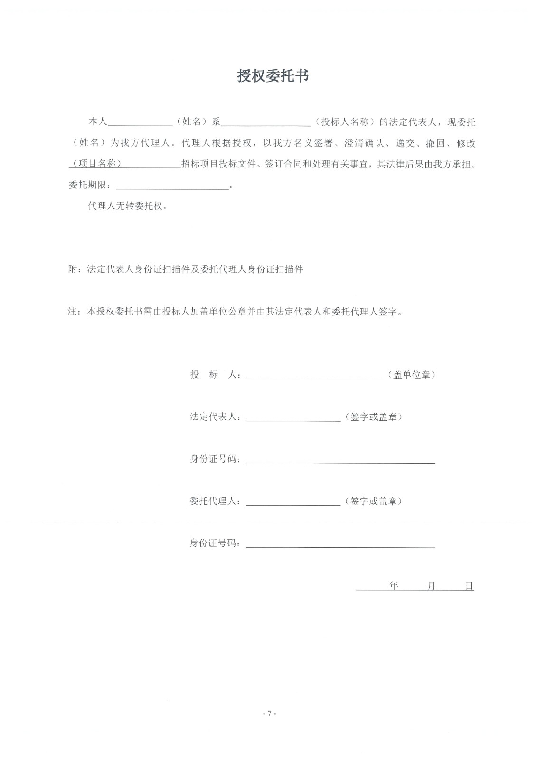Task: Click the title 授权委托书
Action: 273,75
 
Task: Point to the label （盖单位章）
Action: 412,375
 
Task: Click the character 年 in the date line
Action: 394,586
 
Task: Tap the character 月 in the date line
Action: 432,586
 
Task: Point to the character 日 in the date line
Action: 469,586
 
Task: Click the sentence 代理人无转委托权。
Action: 128,206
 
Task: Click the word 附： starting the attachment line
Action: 76,269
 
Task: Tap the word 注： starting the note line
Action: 76,312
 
